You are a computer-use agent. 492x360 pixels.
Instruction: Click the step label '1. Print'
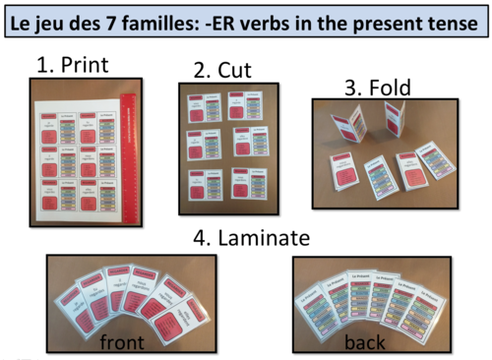click(x=73, y=65)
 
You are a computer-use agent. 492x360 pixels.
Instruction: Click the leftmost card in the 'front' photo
click(x=79, y=301)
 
